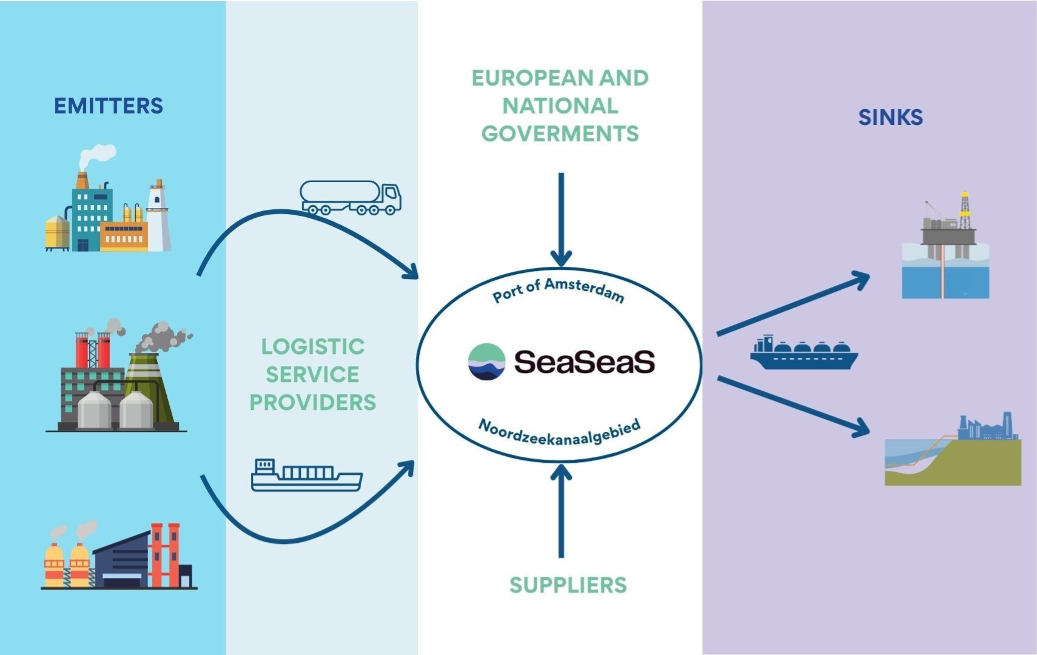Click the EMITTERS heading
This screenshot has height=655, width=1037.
click(109, 106)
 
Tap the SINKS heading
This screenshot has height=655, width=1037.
click(890, 117)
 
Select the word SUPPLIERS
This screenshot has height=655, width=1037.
click(568, 585)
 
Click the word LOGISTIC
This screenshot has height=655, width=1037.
click(313, 347)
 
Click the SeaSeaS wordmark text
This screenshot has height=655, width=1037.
click(585, 362)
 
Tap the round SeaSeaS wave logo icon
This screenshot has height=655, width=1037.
click(486, 362)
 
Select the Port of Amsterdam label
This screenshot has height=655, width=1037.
click(558, 290)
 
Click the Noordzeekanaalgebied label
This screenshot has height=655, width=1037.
click(559, 433)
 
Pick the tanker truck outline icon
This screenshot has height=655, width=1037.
click(351, 198)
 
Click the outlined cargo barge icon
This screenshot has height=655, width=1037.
click(306, 475)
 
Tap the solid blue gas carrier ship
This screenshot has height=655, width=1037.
click(804, 353)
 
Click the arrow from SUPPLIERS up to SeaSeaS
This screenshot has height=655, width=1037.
click(561, 509)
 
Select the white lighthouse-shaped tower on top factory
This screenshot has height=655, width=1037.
click(158, 215)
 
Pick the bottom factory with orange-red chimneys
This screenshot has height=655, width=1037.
click(119, 557)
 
